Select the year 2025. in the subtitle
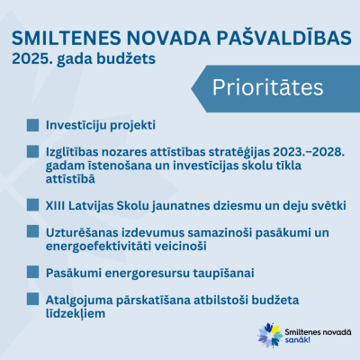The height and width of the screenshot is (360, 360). pos(31,58)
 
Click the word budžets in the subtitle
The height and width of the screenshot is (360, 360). pos(126,59)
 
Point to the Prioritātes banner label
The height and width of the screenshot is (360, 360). pos(268,87)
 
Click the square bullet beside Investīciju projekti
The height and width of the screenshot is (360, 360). pos(32,125)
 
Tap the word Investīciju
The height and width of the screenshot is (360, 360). pos(76,125)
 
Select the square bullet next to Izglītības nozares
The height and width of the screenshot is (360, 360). pos(32,151)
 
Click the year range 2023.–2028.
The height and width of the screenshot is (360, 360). pos(309,152)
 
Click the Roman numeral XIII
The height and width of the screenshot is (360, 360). pos(56,206)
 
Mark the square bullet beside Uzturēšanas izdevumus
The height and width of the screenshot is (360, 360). pos(32,231)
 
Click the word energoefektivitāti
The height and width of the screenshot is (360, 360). pos(99,247)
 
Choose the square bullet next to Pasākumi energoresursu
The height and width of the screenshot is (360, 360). pos(32,272)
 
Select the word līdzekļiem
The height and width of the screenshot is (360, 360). pos(76,313)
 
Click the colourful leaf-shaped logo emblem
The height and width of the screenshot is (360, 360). pos(270,335)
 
